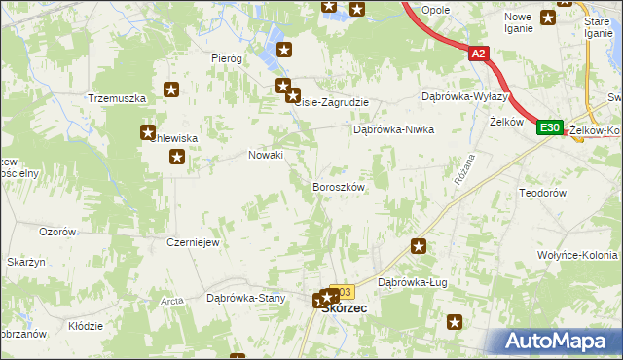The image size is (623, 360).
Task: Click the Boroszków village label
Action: (338, 186)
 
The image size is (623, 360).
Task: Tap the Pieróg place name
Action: (226, 58)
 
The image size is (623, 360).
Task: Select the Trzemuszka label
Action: (116, 98)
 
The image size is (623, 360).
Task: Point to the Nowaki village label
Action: (266, 155)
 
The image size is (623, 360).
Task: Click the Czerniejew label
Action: (192, 242)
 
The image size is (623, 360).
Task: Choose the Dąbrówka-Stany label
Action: (244, 298)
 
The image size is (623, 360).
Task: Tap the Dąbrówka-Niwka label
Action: (392, 129)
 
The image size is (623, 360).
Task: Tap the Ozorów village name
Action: (57, 232)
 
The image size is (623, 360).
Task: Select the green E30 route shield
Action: (549, 127)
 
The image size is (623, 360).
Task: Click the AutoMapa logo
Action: (559, 341)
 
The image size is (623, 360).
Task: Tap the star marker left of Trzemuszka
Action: (171, 90)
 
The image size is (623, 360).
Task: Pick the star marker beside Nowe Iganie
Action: (549, 16)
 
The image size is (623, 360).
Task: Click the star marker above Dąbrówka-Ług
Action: (419, 247)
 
